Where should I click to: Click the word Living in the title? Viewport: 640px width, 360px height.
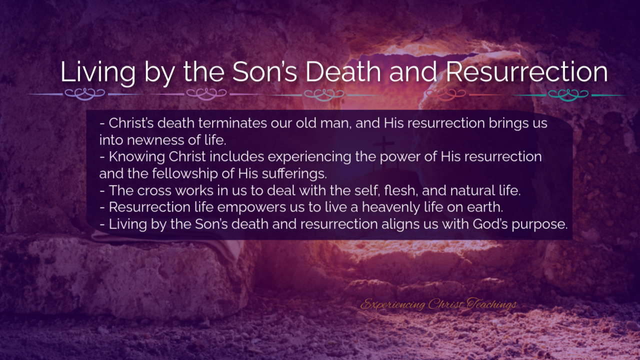coord(97,73)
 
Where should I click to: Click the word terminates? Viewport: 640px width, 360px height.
coord(232,123)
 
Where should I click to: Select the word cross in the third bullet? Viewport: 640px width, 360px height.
coord(154,190)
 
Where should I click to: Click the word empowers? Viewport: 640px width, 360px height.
coord(251,207)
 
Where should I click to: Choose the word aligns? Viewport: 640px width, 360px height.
coord(400,224)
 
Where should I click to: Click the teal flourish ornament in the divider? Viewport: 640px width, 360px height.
coord(568,94)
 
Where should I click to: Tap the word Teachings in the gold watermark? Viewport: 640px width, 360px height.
coord(491,304)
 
